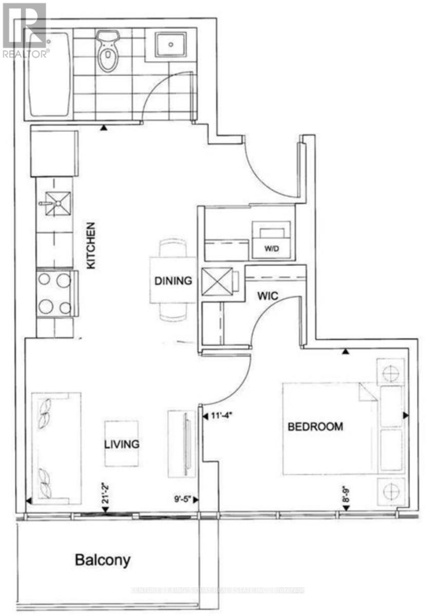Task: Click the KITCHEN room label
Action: [90, 245]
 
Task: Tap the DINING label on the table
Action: [173, 281]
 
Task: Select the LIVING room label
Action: [122, 444]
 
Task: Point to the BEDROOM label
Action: [315, 426]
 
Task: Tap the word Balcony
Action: [103, 559]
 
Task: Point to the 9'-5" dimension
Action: [182, 498]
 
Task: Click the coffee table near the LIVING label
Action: [122, 444]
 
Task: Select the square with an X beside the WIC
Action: [215, 282]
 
